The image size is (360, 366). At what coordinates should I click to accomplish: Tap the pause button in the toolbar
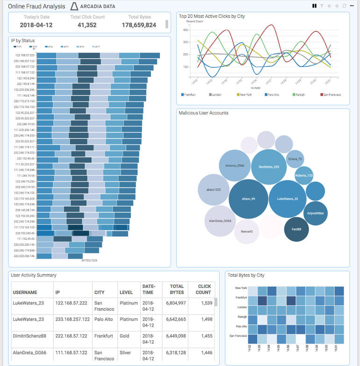[x=315, y=6]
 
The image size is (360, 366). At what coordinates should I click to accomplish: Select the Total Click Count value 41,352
[x=87, y=25]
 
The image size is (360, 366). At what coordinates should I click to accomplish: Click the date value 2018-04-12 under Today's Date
[x=36, y=25]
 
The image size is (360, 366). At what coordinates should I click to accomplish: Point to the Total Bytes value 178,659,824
[x=139, y=25]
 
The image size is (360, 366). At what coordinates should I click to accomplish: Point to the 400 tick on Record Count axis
[x=185, y=29]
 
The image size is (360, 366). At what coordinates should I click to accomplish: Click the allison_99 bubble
[x=248, y=199]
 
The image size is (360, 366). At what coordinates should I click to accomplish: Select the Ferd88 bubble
[x=296, y=229]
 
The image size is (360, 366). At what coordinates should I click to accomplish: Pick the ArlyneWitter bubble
[x=316, y=213]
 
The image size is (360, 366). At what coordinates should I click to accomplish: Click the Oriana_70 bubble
[x=295, y=159]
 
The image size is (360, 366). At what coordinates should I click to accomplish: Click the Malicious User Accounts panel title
[x=203, y=113]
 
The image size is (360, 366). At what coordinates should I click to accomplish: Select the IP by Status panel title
[x=22, y=41]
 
